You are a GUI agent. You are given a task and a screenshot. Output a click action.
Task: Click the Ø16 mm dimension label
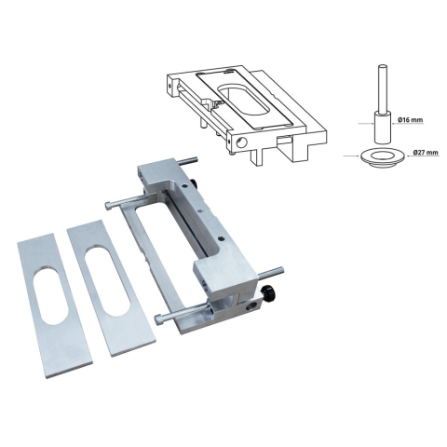click(410, 119)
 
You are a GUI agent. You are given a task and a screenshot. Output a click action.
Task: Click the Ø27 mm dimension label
click(426, 153)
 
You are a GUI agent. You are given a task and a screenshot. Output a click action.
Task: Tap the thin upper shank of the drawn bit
click(383, 88)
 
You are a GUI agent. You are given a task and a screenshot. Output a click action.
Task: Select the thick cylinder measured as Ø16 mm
click(382, 128)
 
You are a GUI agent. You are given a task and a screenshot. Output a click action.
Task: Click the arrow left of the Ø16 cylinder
click(366, 124)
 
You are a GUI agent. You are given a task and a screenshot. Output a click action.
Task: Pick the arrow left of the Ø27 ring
click(352, 156)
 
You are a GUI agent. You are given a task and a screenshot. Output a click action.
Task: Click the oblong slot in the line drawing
click(243, 100)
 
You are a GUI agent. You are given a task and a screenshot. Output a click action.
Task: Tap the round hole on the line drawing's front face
click(241, 142)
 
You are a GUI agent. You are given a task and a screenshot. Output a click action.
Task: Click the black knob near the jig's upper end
click(194, 183)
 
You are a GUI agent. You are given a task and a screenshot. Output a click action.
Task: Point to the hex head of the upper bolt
click(108, 205)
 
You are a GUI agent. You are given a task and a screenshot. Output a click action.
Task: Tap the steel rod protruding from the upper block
click(186, 160)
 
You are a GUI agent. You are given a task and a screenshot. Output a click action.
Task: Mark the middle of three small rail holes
click(200, 210)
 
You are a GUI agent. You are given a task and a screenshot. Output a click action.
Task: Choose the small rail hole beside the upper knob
click(184, 185)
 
